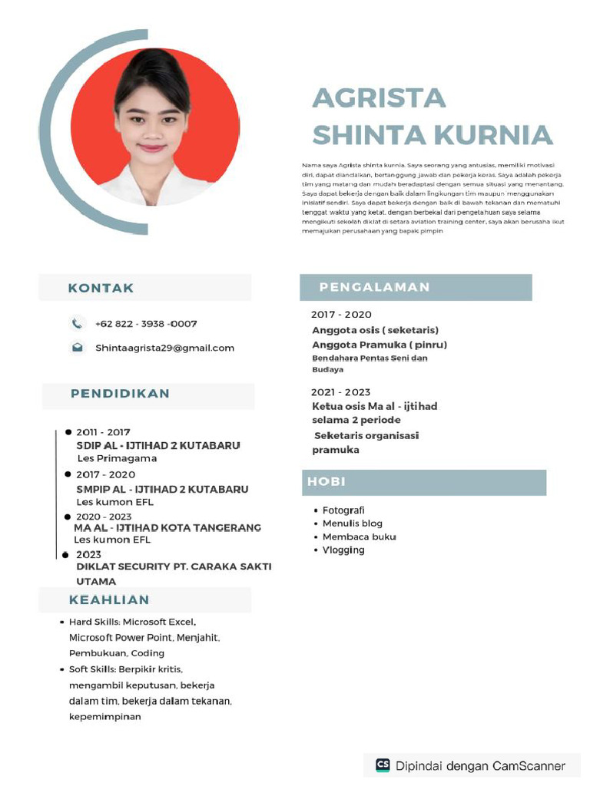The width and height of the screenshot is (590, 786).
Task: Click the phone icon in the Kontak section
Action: click(x=77, y=324)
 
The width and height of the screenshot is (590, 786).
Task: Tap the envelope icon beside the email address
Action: click(x=77, y=348)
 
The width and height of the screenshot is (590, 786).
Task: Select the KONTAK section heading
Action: click(x=101, y=288)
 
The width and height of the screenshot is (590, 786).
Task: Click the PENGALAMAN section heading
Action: click(x=374, y=287)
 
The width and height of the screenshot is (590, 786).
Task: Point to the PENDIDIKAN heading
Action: click(x=120, y=394)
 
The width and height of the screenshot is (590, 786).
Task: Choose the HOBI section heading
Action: click(x=326, y=482)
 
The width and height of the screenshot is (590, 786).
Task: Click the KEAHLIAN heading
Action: click(x=109, y=599)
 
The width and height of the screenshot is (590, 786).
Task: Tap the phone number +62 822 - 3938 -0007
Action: click(x=146, y=324)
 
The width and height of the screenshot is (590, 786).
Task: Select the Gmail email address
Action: click(x=164, y=348)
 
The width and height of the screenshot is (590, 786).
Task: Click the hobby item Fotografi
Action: click(x=343, y=510)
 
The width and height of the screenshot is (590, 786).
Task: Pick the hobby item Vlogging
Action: click(x=343, y=550)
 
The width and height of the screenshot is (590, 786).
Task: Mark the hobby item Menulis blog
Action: click(x=352, y=523)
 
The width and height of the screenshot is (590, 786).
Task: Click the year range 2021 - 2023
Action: click(x=340, y=392)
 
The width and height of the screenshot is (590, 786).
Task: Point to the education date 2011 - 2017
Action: click(x=103, y=432)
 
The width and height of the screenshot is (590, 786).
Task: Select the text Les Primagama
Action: click(x=117, y=458)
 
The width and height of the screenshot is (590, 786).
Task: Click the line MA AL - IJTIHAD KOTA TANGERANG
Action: click(x=167, y=528)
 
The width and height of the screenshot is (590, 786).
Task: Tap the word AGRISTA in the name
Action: click(x=379, y=98)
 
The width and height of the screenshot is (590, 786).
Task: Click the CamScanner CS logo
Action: click(x=383, y=765)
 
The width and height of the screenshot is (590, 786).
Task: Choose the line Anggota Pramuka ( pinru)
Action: click(x=379, y=345)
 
